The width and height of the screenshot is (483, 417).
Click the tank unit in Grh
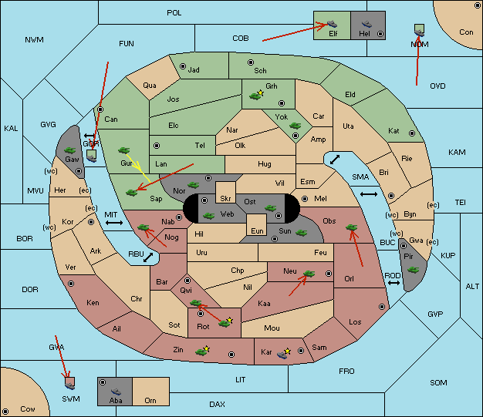pyautogui.click(x=255, y=96)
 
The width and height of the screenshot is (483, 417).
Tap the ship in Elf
pyautogui.click(x=332, y=24)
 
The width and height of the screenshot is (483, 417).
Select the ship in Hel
pyautogui.click(x=366, y=24)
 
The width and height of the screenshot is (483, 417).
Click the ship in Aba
pyautogui.click(x=117, y=392)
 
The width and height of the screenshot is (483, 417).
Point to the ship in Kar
pyautogui.click(x=282, y=355)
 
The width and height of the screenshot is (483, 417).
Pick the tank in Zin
pyautogui.click(x=201, y=351)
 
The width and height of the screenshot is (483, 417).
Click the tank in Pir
pyautogui.click(x=413, y=270)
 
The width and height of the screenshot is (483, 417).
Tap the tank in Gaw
pyautogui.click(x=70, y=150)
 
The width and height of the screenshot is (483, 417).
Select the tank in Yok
pyautogui.click(x=295, y=125)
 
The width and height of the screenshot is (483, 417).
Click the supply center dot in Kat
pyautogui.click(x=412, y=133)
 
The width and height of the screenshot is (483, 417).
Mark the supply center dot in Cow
pyautogui.click(x=5, y=411)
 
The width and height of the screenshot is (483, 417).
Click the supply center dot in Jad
pyautogui.click(x=183, y=66)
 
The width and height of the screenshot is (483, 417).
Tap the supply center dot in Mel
pyautogui.click(x=305, y=199)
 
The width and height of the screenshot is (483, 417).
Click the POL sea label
pyautogui.click(x=174, y=13)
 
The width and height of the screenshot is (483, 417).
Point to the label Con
pyautogui.click(x=466, y=32)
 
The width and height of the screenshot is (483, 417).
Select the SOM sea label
pyautogui.click(x=438, y=383)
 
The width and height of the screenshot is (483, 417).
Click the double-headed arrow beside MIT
pyautogui.click(x=114, y=223)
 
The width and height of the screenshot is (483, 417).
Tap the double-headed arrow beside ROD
pyautogui.click(x=393, y=283)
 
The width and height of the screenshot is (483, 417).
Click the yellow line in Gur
pyautogui.click(x=138, y=168)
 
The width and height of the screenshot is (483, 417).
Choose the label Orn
pyautogui.click(x=150, y=400)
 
